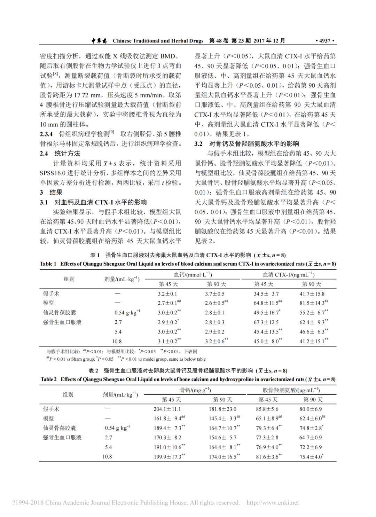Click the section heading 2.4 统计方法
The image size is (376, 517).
point(60,153)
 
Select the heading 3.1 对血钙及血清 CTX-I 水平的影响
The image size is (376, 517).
point(93,202)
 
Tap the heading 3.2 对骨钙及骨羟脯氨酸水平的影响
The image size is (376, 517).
point(246,143)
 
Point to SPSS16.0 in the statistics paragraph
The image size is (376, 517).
point(55,173)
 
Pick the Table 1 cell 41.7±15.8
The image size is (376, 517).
point(312,294)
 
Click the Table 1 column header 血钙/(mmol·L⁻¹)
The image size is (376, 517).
point(193,275)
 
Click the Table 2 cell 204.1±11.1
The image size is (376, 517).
point(167,409)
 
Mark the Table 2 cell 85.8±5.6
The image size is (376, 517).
point(267,409)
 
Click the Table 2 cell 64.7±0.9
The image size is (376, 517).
point(311,438)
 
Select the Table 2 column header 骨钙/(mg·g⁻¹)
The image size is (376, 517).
point(195,390)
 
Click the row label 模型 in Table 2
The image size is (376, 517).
point(48,418)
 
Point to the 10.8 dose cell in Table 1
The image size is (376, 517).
point(117,342)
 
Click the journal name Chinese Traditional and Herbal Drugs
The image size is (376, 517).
point(158,41)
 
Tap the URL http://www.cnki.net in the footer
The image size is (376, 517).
point(273,503)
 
